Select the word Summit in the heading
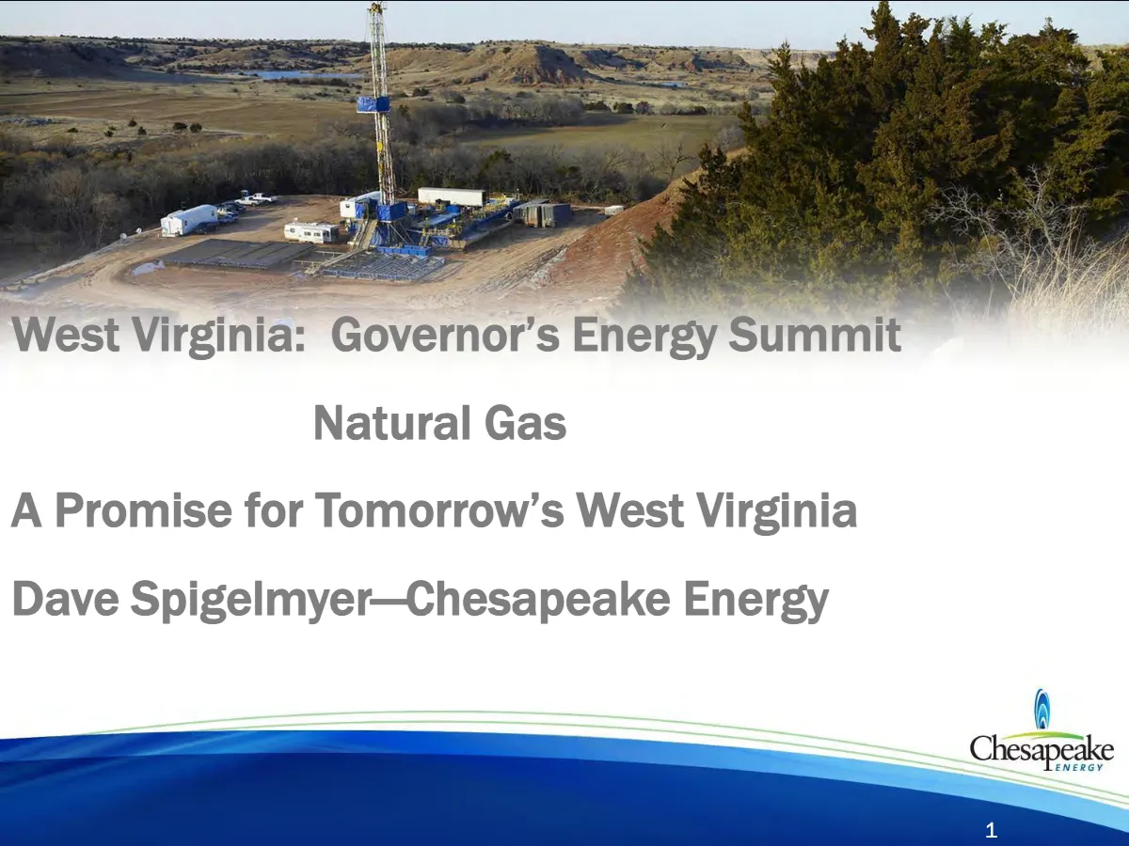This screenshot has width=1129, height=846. pos(815,334)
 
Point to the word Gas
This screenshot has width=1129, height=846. pos(525,423)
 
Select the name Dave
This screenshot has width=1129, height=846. pos(65,599)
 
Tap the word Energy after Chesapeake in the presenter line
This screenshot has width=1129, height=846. pos(755,601)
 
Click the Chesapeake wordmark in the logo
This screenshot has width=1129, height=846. pos(1042,750)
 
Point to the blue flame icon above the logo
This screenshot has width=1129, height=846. pos(1042,710)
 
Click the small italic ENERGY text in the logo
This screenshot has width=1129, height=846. pos(1078,767)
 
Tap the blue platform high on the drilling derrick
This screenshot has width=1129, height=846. pos(374,104)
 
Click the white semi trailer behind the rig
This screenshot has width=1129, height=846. pos(451,196)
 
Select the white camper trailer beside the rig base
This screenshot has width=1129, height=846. pos(311,232)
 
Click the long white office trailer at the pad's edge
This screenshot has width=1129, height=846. pos(189,219)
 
